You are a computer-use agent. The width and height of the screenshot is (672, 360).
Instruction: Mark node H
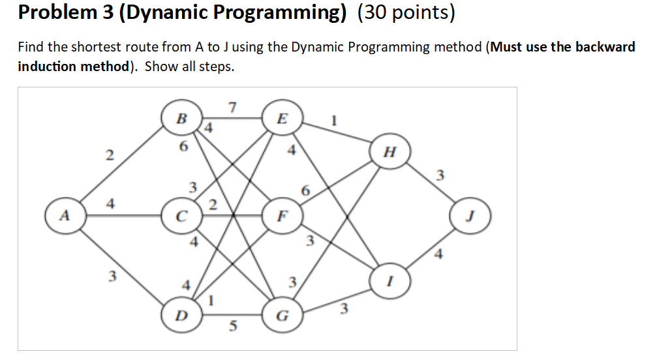coord(389,153)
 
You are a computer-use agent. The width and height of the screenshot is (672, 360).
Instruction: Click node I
coord(389,280)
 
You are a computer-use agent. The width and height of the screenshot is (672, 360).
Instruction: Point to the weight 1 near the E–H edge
coord(333,121)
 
